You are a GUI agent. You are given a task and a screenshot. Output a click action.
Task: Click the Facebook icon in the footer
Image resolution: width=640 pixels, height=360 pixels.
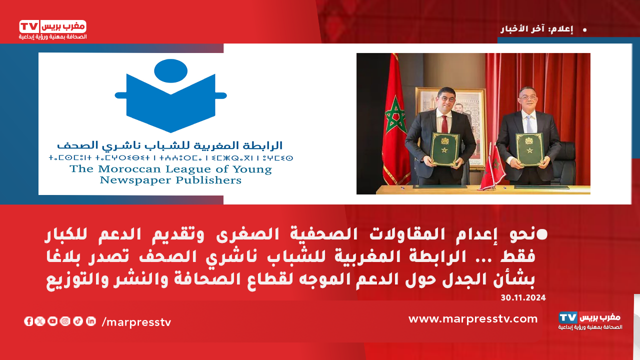[28, 321]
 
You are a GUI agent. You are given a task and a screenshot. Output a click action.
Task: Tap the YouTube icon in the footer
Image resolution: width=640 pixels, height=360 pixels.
[52, 321]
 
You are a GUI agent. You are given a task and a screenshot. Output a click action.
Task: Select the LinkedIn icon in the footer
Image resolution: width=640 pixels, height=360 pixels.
[91, 321]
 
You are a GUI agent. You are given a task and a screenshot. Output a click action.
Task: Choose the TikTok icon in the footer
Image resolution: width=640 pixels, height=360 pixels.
[78, 321]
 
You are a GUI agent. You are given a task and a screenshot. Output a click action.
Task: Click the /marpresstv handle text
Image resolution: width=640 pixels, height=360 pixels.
[136, 322]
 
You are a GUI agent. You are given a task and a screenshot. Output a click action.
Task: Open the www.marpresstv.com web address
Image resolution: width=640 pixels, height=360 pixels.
[473, 319]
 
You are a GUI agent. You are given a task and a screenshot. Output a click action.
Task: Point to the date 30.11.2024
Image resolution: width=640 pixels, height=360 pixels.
[523, 297]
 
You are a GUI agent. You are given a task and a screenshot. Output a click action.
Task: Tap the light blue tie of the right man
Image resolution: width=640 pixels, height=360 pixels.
[529, 124]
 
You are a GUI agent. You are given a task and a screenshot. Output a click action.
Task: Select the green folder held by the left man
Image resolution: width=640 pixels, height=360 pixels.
[445, 149]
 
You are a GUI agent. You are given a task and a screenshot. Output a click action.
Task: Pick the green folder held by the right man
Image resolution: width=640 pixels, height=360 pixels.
[529, 149]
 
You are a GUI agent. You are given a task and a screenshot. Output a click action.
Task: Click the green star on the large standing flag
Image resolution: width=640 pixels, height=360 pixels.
[395, 115]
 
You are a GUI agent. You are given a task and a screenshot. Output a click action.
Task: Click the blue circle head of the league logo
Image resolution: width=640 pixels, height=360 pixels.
[171, 71]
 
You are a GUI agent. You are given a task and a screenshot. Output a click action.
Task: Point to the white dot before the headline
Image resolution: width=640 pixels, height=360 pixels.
[542, 234]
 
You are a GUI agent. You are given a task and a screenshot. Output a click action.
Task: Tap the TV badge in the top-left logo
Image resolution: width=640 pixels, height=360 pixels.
[29, 27]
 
